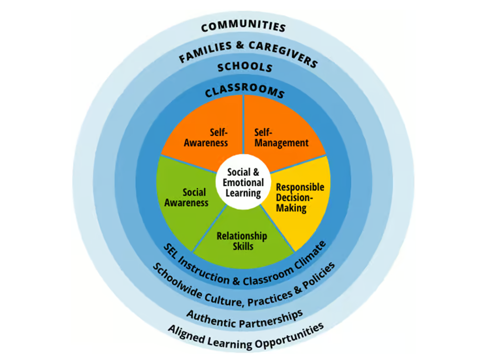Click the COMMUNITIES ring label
[x=243, y=27]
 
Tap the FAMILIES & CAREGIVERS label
[x=247, y=50]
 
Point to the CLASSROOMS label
[x=244, y=92]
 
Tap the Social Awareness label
[x=186, y=197]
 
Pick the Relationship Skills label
[x=242, y=241]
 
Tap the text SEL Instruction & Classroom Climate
[x=245, y=267]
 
